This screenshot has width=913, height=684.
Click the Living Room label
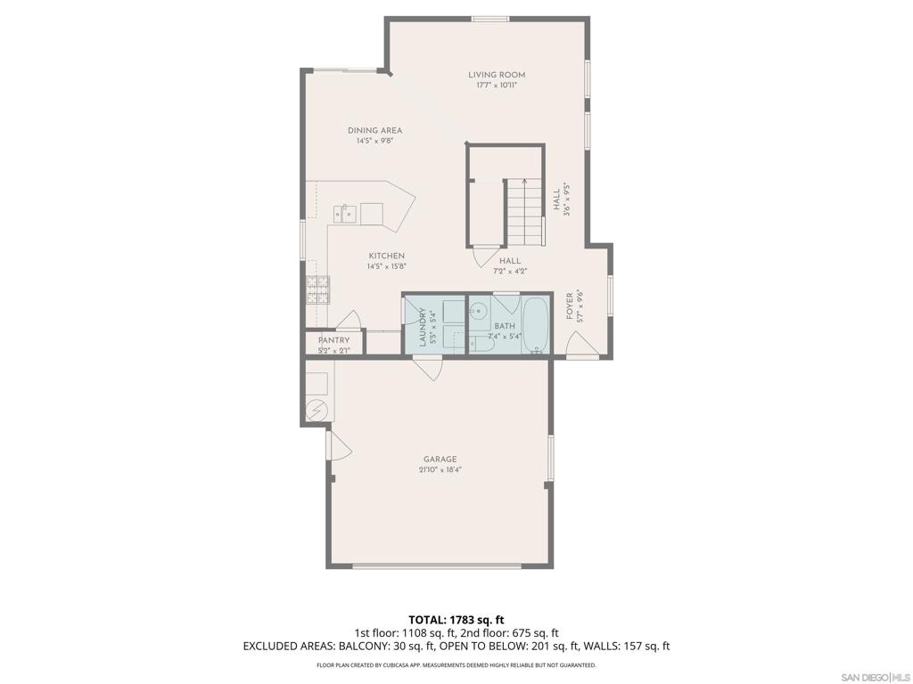point(497,75)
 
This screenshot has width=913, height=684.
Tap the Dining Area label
point(375,130)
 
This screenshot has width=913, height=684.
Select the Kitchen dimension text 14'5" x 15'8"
point(386,266)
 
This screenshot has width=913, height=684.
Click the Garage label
point(440,459)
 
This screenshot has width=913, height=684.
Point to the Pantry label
point(333,340)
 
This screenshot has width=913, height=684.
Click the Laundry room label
point(423,328)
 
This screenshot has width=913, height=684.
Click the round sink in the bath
point(479,311)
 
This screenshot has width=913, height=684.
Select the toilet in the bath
point(481,344)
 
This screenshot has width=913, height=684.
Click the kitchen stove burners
point(318,289)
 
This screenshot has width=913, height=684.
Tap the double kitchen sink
point(345,214)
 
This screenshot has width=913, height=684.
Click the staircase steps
point(524,213)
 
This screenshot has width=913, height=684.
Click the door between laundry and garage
point(428,369)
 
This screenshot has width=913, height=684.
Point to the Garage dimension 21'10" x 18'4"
point(440,470)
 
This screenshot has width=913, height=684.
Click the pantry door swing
point(350,320)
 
